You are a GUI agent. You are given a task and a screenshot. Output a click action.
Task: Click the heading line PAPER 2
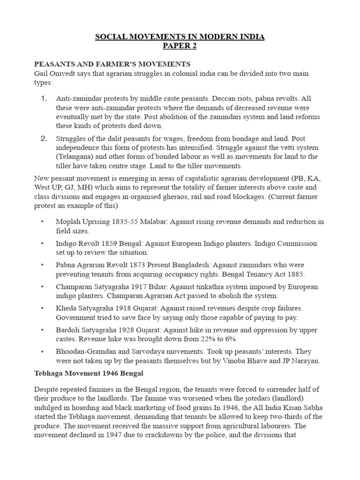(x=180, y=46)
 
